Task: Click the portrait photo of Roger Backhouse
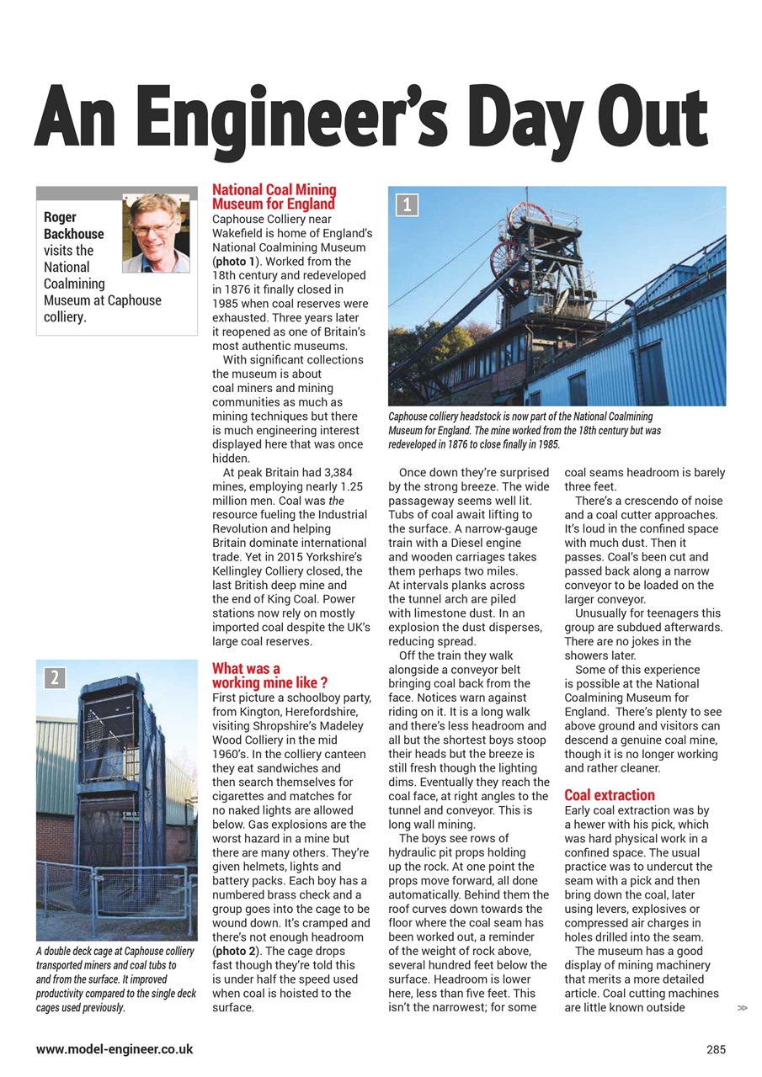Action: pyautogui.click(x=156, y=232)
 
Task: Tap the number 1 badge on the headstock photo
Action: pyautogui.click(x=407, y=204)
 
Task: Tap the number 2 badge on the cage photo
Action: pyautogui.click(x=54, y=677)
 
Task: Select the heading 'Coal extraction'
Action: pyautogui.click(x=609, y=795)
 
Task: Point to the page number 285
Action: pyautogui.click(x=716, y=1049)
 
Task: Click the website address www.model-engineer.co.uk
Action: pyautogui.click(x=115, y=1049)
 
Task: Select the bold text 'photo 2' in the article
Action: pyautogui.click(x=238, y=951)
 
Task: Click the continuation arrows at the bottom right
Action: pyautogui.click(x=742, y=1007)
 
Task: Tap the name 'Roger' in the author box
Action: pyautogui.click(x=61, y=217)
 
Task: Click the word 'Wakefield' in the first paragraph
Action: pyautogui.click(x=240, y=233)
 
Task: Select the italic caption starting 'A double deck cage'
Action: pyautogui.click(x=116, y=979)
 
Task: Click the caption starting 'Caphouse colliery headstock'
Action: pyautogui.click(x=524, y=430)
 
